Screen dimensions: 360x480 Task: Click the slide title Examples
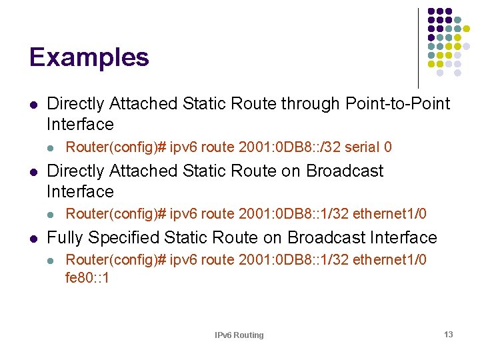(x=89, y=57)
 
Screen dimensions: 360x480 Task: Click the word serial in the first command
(x=365, y=147)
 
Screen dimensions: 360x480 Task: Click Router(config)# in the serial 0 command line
(x=116, y=147)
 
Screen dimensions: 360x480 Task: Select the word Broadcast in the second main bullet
(x=345, y=171)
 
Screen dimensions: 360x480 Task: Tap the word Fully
(x=65, y=238)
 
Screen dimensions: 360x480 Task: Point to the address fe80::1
(x=87, y=277)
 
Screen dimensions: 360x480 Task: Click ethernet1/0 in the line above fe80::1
(x=389, y=259)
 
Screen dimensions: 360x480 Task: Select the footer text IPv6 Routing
(x=239, y=335)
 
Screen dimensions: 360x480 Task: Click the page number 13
(x=448, y=335)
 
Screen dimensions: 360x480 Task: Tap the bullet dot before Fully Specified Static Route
(x=33, y=239)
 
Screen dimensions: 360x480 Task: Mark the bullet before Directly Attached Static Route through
(x=33, y=105)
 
